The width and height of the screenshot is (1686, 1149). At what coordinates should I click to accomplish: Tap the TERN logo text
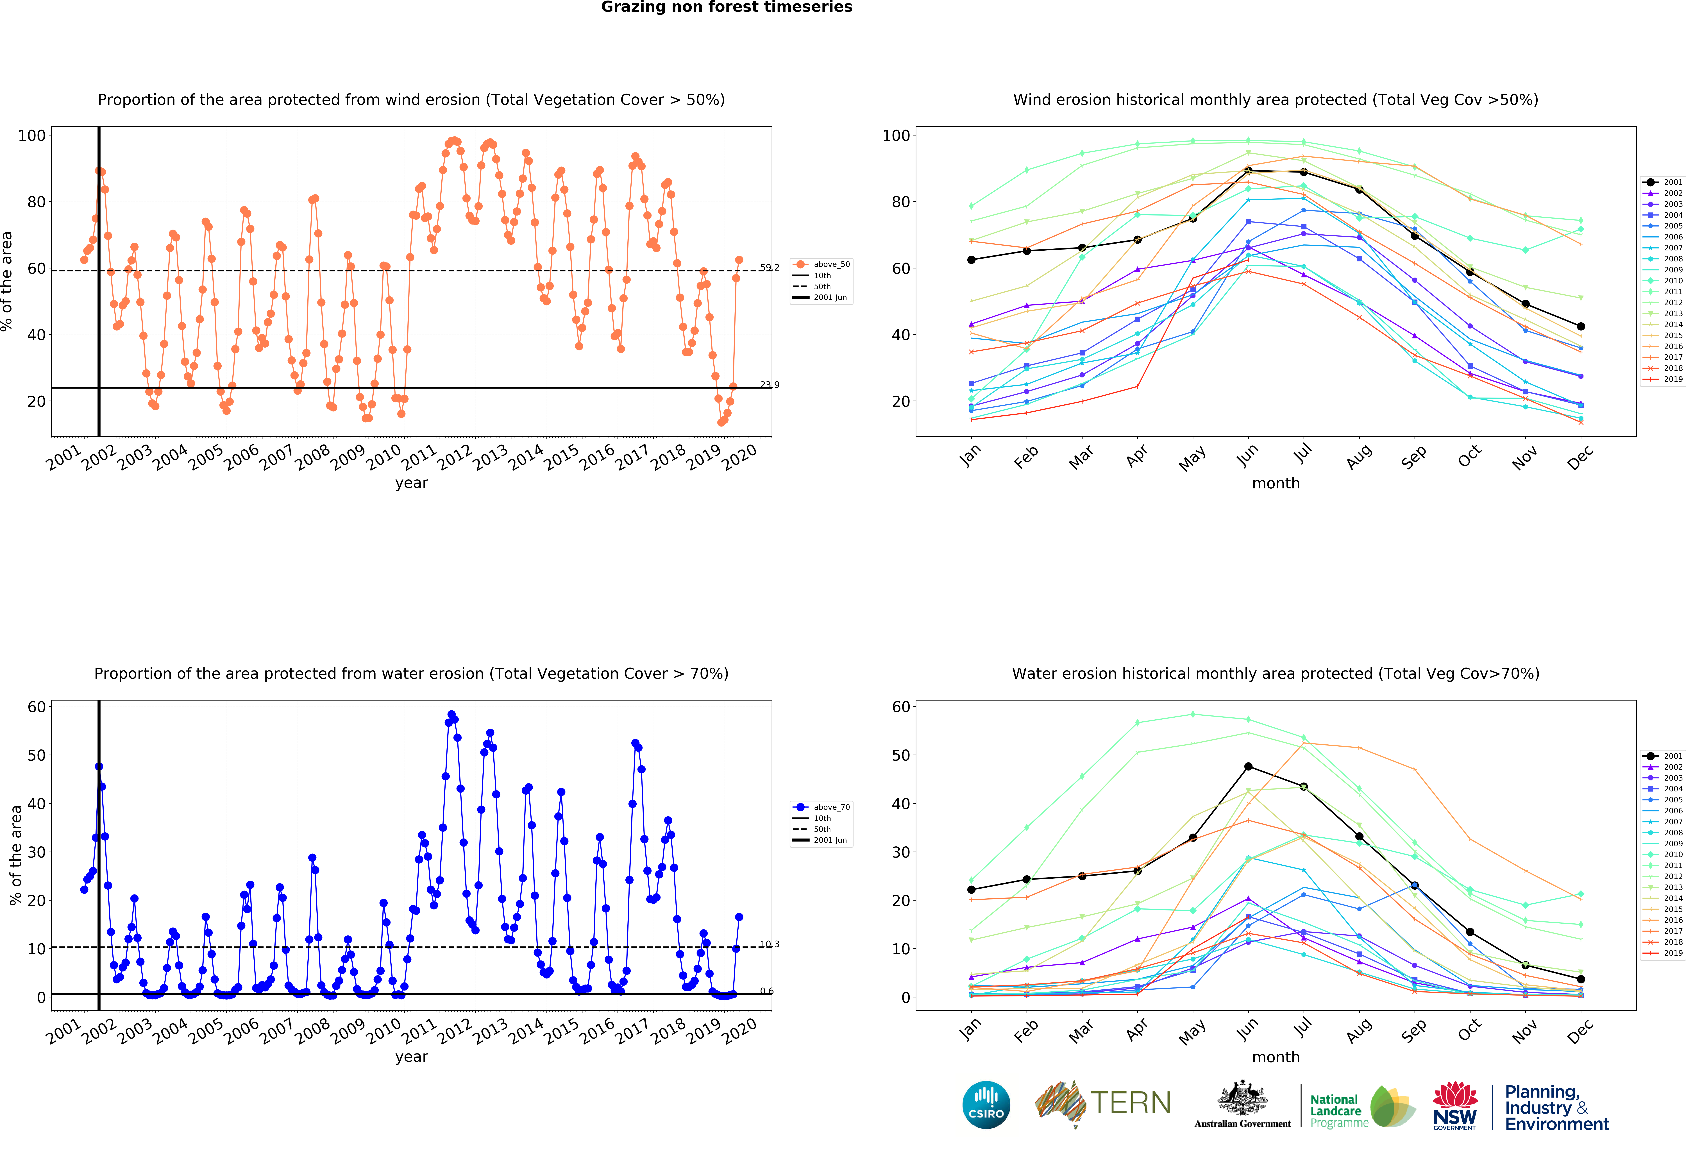(1130, 1103)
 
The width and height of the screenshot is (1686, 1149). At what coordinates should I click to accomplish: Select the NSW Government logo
(1454, 1105)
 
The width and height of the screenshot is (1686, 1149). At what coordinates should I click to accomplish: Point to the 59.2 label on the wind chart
(770, 268)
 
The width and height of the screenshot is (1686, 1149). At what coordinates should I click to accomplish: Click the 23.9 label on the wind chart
(770, 384)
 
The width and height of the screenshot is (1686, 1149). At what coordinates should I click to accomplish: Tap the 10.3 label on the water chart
(770, 944)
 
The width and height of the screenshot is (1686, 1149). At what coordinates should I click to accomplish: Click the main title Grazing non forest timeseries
(726, 7)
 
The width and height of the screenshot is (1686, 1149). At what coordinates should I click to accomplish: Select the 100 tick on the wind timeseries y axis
(32, 136)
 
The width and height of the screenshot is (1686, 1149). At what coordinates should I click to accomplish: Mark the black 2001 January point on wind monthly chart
(971, 260)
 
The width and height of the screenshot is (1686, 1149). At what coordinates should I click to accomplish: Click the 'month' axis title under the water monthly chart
(1275, 1057)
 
